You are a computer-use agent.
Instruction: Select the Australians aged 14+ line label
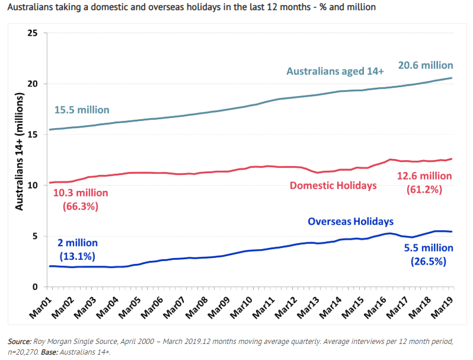pyautogui.click(x=335, y=71)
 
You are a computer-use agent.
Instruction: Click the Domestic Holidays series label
pyautogui.click(x=333, y=186)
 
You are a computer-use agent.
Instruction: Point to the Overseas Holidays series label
pyautogui.click(x=350, y=222)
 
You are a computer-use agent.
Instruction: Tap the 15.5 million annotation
pyautogui.click(x=81, y=110)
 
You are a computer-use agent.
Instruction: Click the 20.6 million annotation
pyautogui.click(x=425, y=65)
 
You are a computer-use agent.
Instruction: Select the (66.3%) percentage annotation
pyautogui.click(x=80, y=206)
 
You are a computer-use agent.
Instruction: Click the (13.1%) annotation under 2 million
pyautogui.click(x=77, y=256)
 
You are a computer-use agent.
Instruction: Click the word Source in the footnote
pyautogui.click(x=20, y=342)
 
